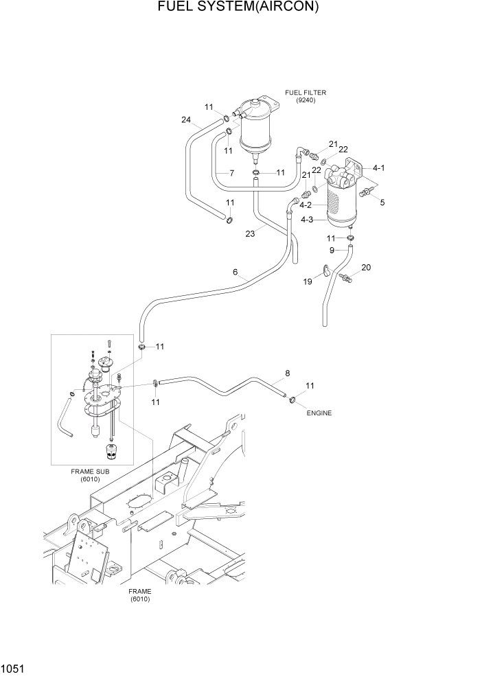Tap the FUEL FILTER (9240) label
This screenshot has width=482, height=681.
306,97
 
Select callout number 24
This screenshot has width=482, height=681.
185,119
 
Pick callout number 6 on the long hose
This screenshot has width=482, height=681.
235,273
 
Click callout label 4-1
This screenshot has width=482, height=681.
378,168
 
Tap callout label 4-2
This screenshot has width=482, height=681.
306,205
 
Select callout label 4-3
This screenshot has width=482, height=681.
306,220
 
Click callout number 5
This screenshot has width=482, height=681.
382,203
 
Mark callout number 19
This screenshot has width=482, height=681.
308,281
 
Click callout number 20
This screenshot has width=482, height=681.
365,267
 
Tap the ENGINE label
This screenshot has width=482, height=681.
319,413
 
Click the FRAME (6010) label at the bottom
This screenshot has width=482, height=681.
140,595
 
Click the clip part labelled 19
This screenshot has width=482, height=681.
325,270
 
